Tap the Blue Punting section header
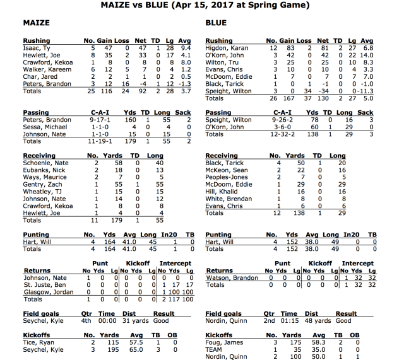[218, 235]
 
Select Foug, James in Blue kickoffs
[221, 341]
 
